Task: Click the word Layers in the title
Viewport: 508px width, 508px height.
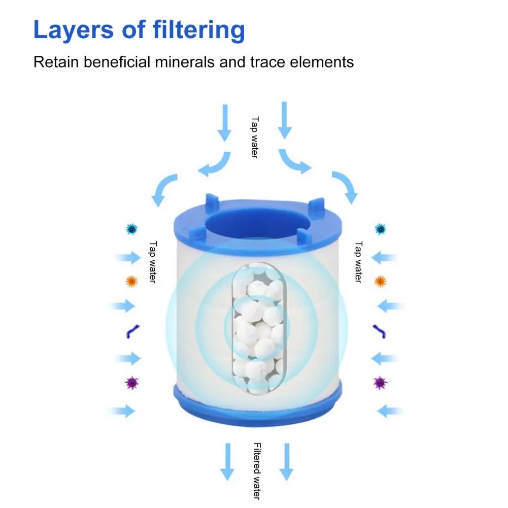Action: (x=73, y=30)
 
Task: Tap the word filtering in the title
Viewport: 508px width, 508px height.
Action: (x=198, y=30)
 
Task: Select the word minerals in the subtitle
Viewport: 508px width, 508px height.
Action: (x=185, y=62)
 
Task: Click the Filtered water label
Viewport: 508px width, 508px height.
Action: (x=257, y=471)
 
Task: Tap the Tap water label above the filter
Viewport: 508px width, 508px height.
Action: (x=255, y=138)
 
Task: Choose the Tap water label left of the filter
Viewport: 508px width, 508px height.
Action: (x=153, y=262)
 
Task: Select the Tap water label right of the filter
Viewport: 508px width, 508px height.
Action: (x=358, y=262)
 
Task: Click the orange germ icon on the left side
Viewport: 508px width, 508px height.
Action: (x=131, y=281)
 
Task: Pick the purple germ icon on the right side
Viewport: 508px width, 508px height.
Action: (x=380, y=383)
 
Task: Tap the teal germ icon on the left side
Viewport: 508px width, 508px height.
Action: (x=131, y=229)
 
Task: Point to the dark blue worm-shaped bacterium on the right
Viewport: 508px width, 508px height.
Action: (x=380, y=331)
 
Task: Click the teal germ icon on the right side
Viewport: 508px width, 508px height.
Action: (x=380, y=229)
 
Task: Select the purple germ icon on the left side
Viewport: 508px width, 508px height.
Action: (x=132, y=383)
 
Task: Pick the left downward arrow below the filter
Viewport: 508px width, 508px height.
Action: (x=227, y=462)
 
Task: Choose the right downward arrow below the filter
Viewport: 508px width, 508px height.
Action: (x=286, y=462)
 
